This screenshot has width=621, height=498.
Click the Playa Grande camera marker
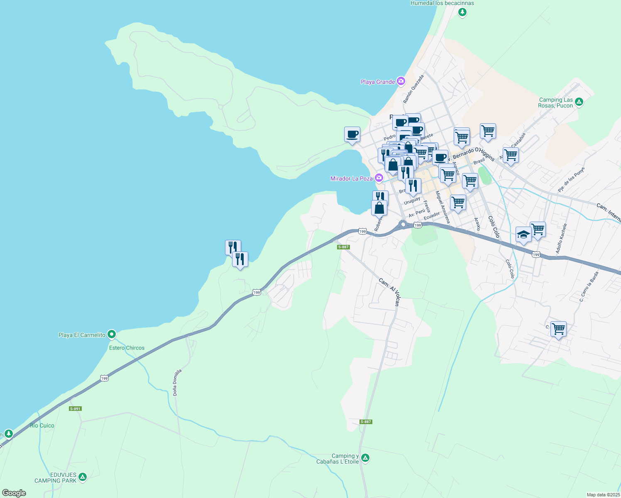coord(401,81)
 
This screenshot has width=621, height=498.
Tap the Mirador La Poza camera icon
coord(379,178)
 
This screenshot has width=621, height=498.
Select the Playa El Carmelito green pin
coord(111,334)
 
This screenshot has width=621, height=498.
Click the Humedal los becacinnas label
coord(442,3)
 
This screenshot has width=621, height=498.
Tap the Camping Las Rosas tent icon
coord(579,102)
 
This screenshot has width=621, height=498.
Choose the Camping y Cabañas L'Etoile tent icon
coord(365,458)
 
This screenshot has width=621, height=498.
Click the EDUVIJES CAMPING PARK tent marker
coord(83,477)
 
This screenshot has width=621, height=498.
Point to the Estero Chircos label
coord(127,348)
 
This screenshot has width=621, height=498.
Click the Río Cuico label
coord(42,425)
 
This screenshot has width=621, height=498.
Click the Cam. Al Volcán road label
coord(389,292)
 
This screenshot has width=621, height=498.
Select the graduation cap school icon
coord(523,234)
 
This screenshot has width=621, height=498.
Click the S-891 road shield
coord(75,409)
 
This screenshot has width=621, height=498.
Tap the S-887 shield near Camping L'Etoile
coord(366,422)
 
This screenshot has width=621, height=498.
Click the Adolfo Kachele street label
coord(561,239)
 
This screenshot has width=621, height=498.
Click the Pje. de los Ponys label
coord(572,180)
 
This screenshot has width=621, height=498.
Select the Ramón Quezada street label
coord(413,89)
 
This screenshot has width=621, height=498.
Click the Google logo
coord(14,493)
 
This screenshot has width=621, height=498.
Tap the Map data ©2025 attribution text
coord(603,495)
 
